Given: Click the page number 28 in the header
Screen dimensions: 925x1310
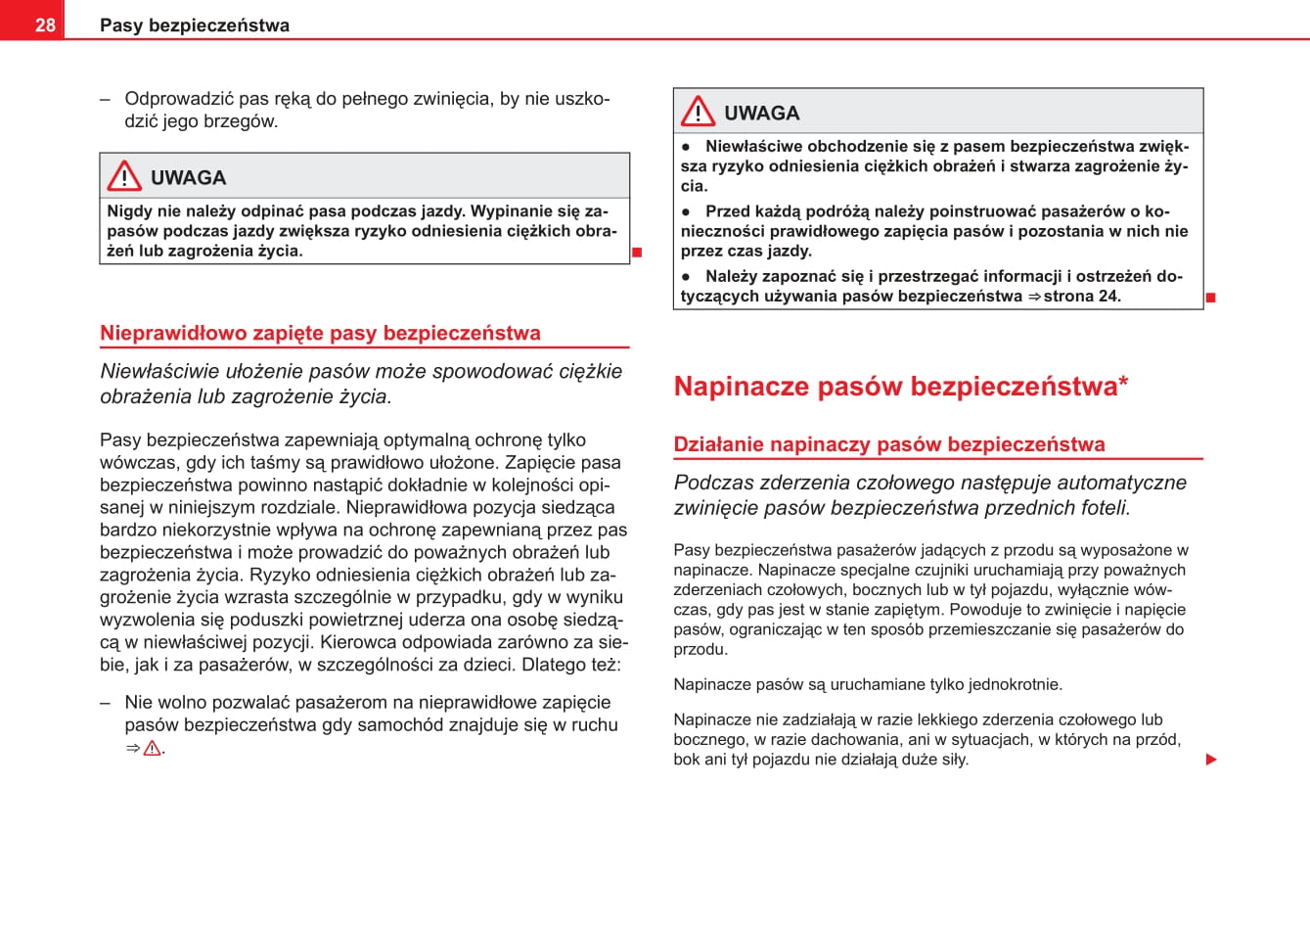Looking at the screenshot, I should [45, 25].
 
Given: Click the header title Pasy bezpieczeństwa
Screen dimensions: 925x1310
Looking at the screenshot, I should [195, 25].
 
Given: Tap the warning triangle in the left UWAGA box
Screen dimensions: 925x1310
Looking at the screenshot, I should [124, 176].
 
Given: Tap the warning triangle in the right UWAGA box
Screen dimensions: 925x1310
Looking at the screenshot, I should [698, 112].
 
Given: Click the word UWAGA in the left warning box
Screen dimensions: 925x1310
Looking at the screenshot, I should [188, 178].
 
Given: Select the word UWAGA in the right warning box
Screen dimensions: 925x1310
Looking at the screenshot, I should [761, 114].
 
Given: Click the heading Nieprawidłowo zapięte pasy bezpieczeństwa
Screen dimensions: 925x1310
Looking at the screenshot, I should [320, 333].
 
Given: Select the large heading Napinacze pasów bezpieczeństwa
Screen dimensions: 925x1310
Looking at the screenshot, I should [895, 386].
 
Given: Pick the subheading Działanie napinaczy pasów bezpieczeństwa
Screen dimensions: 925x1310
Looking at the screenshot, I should [888, 444].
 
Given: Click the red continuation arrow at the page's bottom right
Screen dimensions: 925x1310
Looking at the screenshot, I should [1211, 760].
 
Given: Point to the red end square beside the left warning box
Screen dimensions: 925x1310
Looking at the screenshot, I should [637, 253].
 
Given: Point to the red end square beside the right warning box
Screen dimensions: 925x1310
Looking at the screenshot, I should [1210, 297].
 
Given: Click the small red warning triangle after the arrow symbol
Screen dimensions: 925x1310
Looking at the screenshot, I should [152, 749].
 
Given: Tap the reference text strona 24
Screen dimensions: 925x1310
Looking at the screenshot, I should [1081, 296].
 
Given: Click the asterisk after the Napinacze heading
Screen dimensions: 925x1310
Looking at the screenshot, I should [1123, 381].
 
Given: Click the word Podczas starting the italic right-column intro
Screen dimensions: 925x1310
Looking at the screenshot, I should [713, 483].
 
